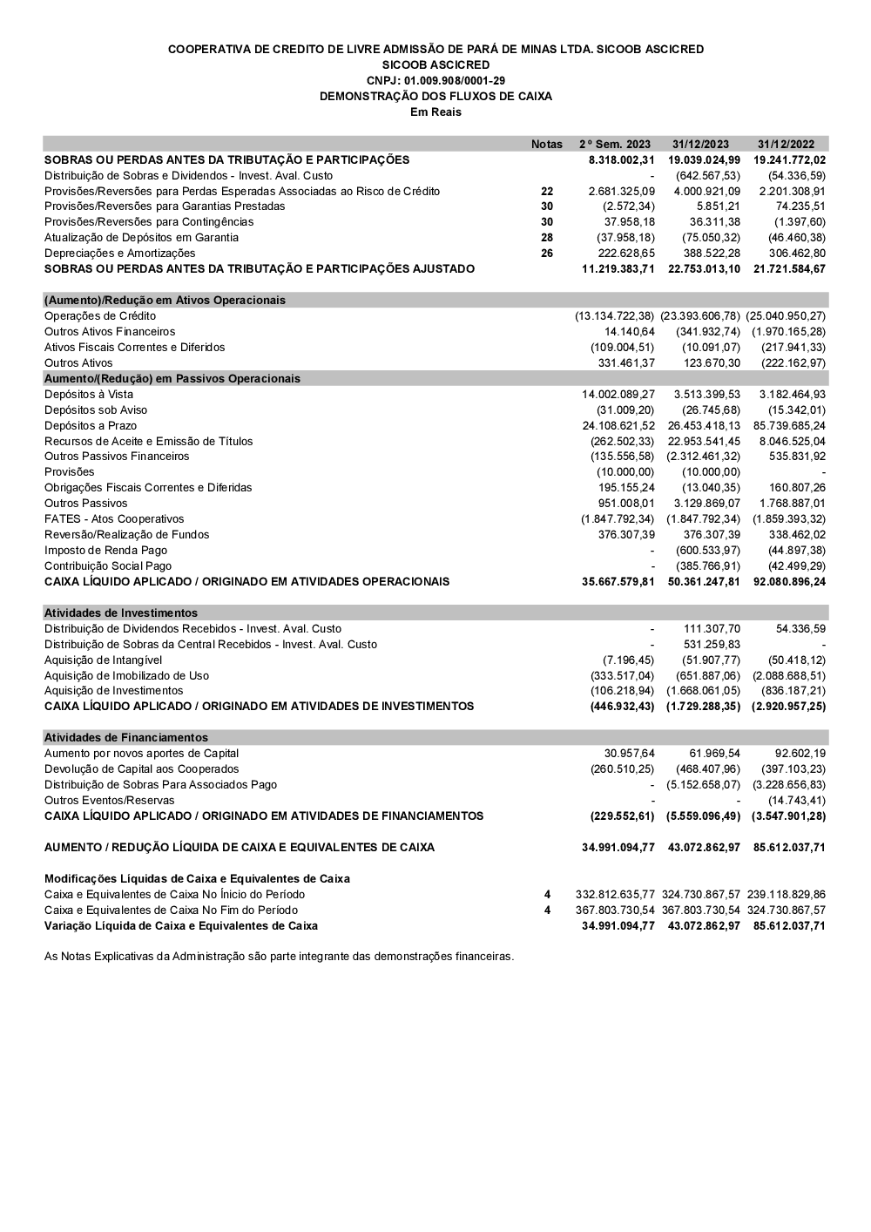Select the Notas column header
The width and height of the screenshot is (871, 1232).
point(547,144)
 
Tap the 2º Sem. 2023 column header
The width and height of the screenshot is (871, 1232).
point(615,144)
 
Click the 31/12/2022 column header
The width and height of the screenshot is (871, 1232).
point(786,144)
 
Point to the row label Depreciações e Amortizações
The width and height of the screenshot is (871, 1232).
point(120,253)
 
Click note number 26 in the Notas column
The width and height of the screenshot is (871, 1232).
point(547,253)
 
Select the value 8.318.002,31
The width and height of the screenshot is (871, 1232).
point(621,159)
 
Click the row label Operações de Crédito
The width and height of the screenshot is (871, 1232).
point(100,315)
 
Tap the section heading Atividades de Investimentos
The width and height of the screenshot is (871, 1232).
point(121,613)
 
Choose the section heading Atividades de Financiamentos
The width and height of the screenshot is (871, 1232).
point(126,737)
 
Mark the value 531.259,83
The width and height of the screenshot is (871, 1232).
point(712,644)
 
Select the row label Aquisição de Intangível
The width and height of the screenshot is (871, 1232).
point(103,660)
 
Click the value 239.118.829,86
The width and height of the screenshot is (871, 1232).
point(786,894)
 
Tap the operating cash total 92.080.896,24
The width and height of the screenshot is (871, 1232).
point(789,581)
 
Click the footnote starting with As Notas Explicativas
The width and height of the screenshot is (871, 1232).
point(279,956)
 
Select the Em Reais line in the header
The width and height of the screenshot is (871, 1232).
point(435,112)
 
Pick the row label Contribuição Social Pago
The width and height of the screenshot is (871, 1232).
point(108,565)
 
